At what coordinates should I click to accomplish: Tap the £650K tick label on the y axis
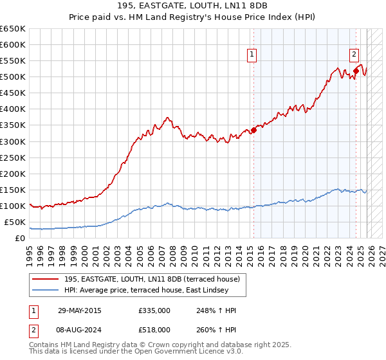click(13, 29)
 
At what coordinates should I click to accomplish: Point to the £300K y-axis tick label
click(13, 141)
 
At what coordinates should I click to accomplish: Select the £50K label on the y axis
click(15, 222)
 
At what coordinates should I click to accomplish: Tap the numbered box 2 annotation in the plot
click(354, 55)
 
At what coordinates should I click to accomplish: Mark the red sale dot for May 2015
click(253, 130)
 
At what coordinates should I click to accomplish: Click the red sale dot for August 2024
click(356, 71)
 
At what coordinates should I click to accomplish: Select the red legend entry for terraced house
click(152, 279)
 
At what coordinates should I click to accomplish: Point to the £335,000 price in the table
click(154, 310)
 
